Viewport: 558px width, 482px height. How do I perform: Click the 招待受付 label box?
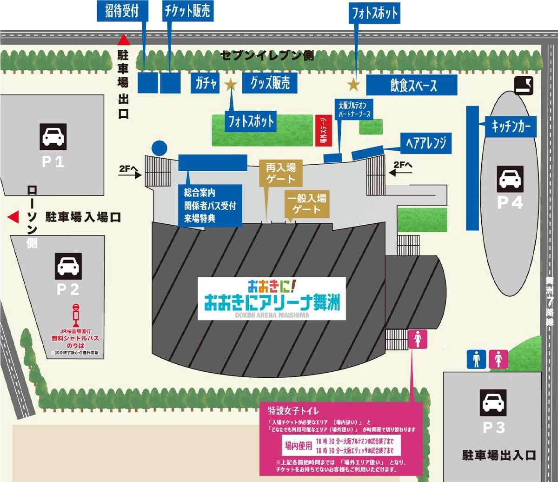tap(122, 11)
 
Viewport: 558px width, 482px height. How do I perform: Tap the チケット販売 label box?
tap(187, 11)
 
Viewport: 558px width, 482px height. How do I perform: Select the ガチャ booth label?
tap(206, 84)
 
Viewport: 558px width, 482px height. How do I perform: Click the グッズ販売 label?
tap(270, 84)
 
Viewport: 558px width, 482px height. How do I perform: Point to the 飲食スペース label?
tap(412, 86)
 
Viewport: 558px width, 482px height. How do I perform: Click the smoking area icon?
tap(524, 86)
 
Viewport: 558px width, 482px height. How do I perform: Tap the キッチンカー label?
tap(511, 126)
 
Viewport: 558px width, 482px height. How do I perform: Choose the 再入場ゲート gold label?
tap(280, 173)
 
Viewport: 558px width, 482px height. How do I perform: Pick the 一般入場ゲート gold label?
tap(307, 204)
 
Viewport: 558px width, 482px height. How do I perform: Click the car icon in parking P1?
tap(53, 136)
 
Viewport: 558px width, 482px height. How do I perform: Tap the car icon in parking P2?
tap(68, 266)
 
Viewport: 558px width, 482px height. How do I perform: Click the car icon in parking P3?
tap(493, 402)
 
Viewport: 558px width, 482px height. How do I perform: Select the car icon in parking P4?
tap(510, 179)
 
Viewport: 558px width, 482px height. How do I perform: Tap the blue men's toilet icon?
tap(476, 359)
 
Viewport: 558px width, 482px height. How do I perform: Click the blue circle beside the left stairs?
tap(159, 147)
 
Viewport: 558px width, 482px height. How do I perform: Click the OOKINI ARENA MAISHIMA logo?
tap(272, 298)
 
